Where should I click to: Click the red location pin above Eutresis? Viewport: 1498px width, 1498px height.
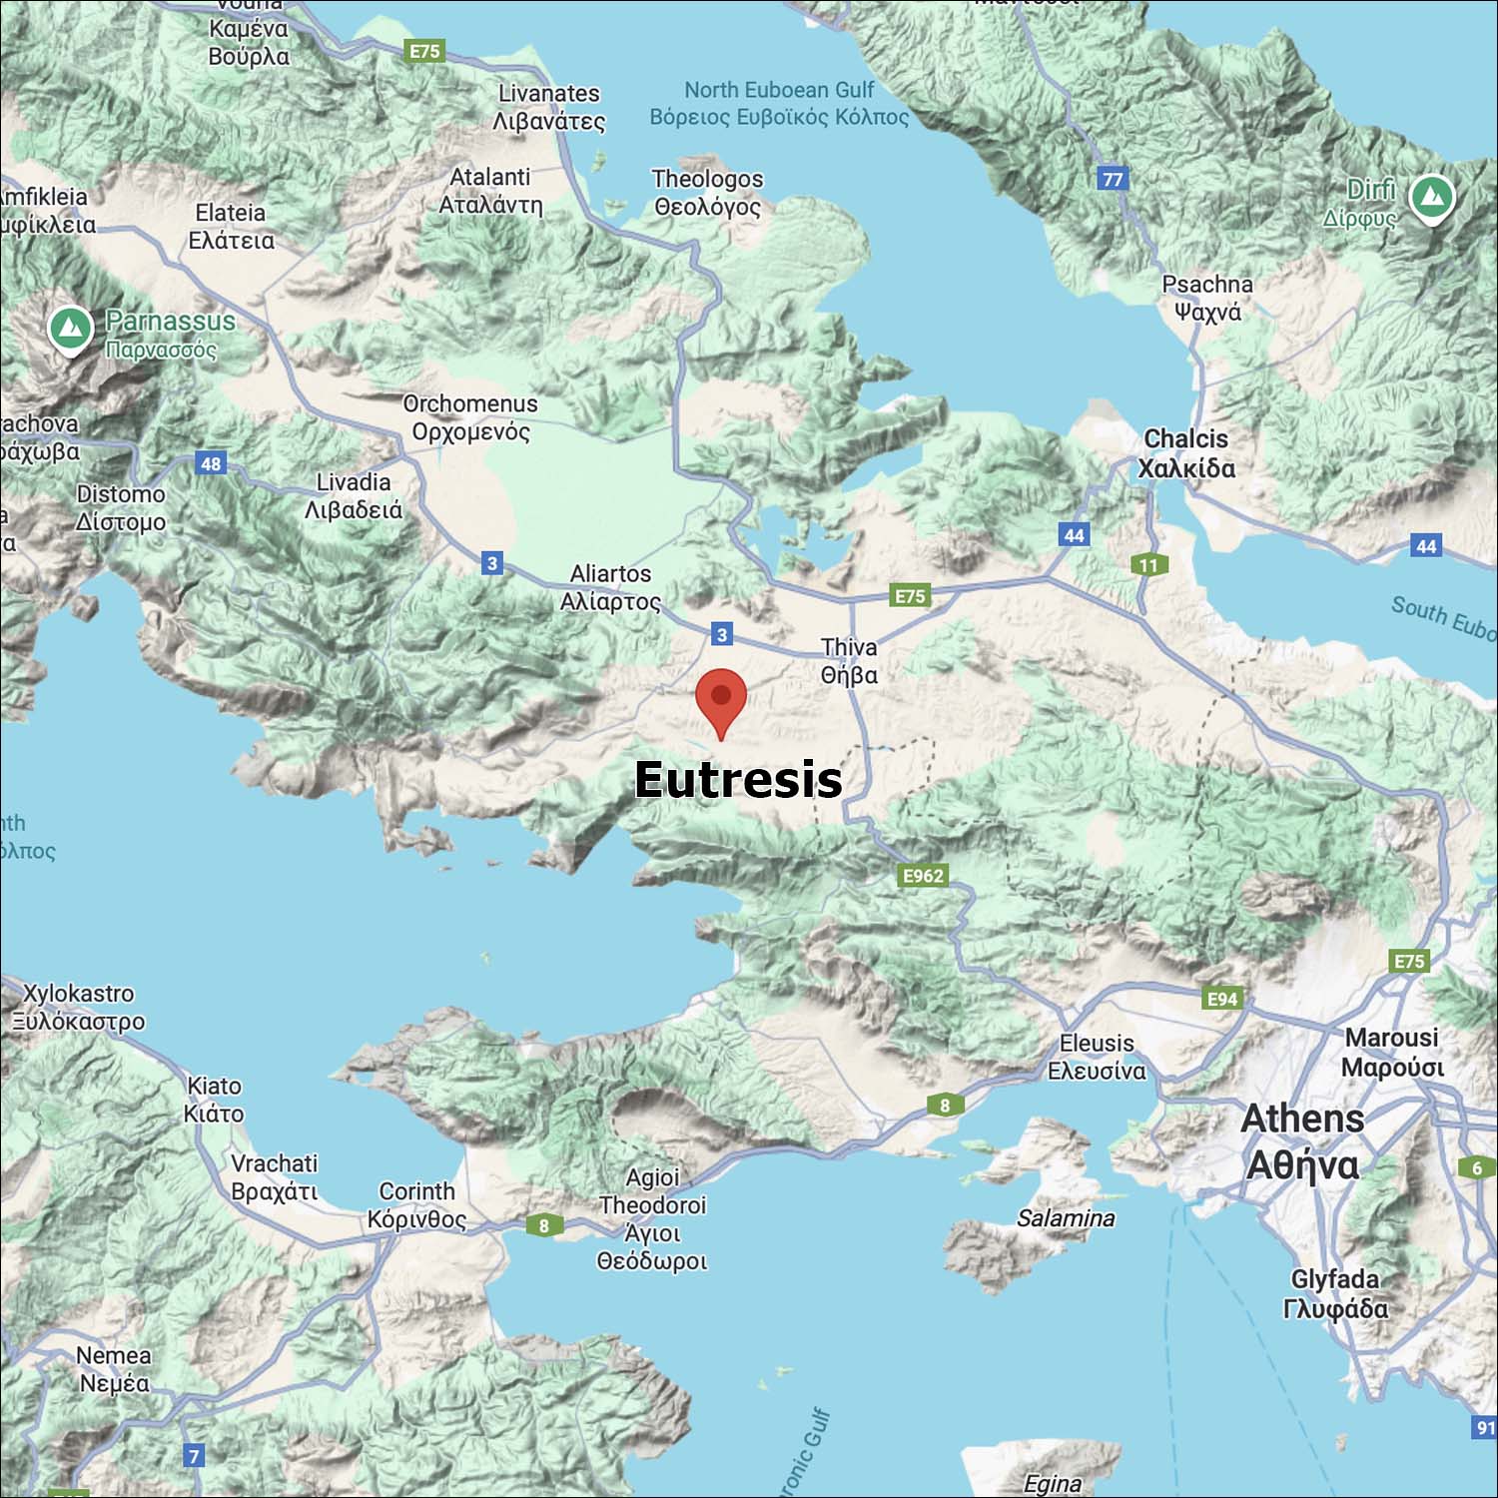click(x=720, y=700)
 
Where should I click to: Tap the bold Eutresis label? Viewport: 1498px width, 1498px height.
click(x=738, y=779)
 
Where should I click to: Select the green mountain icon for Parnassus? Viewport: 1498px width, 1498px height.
click(x=71, y=328)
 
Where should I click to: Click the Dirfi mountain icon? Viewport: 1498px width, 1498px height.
click(x=1432, y=197)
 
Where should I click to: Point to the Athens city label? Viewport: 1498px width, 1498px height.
click(x=1302, y=1141)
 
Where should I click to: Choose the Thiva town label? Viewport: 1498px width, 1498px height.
click(x=849, y=661)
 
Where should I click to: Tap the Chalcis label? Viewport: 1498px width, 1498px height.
click(x=1186, y=453)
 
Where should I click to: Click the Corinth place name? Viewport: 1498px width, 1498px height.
click(x=416, y=1205)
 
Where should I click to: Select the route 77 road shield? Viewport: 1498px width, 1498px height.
click(x=1113, y=179)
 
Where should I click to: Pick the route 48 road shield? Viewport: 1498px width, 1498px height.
click(x=211, y=463)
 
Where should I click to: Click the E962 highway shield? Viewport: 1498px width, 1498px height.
click(x=923, y=876)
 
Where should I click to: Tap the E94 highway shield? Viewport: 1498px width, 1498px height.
click(x=1222, y=999)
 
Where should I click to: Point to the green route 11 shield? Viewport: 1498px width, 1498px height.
click(x=1148, y=565)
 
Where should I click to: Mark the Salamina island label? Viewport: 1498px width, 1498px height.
click(x=1066, y=1218)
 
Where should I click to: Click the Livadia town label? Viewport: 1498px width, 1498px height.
click(x=354, y=496)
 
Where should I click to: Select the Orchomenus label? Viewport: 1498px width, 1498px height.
click(x=470, y=417)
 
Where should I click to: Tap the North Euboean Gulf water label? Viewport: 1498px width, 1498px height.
click(x=779, y=104)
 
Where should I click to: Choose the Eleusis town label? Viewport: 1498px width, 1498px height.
click(x=1097, y=1057)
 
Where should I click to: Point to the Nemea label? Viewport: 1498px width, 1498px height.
click(x=114, y=1369)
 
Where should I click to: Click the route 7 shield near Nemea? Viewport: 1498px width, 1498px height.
click(x=195, y=1456)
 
